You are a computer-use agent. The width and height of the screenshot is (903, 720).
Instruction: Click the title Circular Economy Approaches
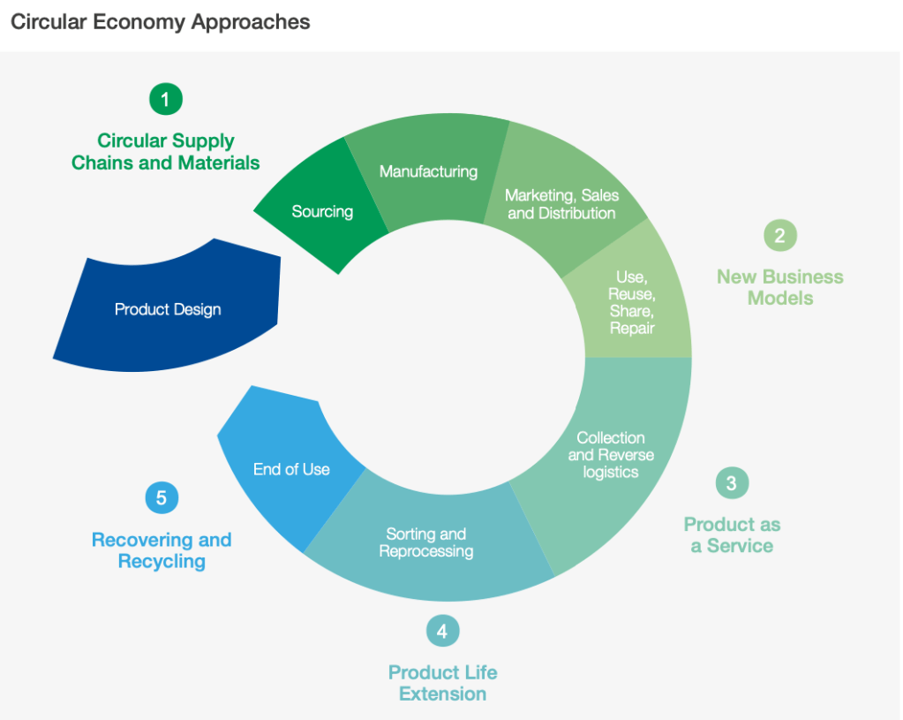pyautogui.click(x=160, y=22)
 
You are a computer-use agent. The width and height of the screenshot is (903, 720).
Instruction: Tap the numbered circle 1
pyautogui.click(x=165, y=98)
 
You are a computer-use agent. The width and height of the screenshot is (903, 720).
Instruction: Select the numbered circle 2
pyautogui.click(x=779, y=235)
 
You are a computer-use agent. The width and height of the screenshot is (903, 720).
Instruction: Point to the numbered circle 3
pyautogui.click(x=731, y=482)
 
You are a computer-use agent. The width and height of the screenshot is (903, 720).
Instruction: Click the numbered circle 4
pyautogui.click(x=442, y=631)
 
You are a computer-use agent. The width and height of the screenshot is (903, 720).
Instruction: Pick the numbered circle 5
pyautogui.click(x=162, y=497)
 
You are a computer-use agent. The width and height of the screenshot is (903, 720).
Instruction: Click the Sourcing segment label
pyautogui.click(x=322, y=211)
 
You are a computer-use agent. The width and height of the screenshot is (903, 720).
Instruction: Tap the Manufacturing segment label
pyautogui.click(x=428, y=171)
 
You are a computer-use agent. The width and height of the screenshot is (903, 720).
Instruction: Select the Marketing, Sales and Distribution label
pyautogui.click(x=561, y=204)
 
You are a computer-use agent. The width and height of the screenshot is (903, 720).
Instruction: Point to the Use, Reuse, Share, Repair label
pyautogui.click(x=632, y=303)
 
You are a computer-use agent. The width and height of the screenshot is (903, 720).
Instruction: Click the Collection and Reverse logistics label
pyautogui.click(x=611, y=454)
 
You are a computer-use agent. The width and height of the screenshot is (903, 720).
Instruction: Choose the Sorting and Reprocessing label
pyautogui.click(x=426, y=542)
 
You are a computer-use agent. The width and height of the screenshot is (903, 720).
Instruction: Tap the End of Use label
pyautogui.click(x=291, y=469)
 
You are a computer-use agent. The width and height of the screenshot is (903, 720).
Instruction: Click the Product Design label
pyautogui.click(x=168, y=309)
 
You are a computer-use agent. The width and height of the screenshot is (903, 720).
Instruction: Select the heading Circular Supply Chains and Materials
pyautogui.click(x=166, y=152)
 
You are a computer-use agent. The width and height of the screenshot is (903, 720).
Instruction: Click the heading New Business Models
pyautogui.click(x=779, y=287)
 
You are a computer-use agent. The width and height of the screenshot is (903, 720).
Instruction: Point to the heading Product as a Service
pyautogui.click(x=732, y=535)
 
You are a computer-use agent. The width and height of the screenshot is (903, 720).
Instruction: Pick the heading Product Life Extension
pyautogui.click(x=442, y=683)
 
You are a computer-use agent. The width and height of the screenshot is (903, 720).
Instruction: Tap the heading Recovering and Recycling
pyautogui.click(x=162, y=550)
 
